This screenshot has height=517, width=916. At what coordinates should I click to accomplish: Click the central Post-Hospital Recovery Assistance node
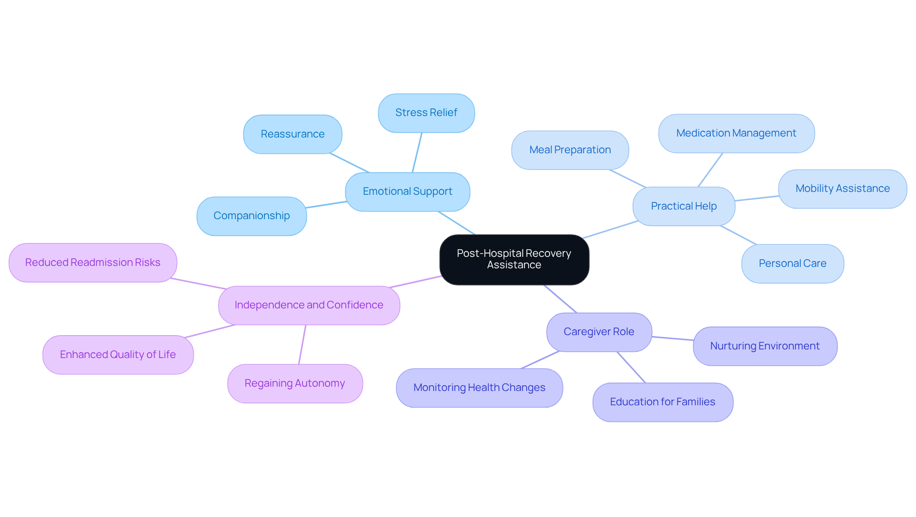pos(514,259)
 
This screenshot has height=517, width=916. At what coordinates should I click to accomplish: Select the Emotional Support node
pos(407,191)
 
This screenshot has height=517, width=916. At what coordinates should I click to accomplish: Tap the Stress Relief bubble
pos(426,113)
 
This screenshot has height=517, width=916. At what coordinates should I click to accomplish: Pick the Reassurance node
pos(292,134)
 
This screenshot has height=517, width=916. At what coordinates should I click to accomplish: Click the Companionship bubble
pos(251,216)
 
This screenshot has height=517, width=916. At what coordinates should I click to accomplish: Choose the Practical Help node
pos(684,206)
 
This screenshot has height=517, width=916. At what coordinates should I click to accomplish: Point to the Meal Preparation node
pos(570,150)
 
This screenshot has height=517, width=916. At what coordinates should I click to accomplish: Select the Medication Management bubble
pos(736,133)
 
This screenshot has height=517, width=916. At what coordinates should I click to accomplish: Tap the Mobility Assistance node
pos(843,189)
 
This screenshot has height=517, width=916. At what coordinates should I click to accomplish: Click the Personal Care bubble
pos(792,264)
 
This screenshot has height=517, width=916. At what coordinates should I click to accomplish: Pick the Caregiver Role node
pos(599,332)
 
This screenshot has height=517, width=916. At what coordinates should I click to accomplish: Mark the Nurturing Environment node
pos(765,346)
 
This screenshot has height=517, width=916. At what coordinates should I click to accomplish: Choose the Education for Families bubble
pos(662,402)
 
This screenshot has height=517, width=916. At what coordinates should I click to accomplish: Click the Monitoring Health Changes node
pos(479,388)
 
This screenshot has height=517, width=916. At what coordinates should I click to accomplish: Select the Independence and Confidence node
pos(309,305)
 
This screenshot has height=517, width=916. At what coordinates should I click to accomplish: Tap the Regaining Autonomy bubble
pos(295,383)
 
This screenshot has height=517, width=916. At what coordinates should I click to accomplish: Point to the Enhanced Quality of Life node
pos(118,355)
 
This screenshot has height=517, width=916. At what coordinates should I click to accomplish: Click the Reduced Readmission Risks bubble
pos(93,263)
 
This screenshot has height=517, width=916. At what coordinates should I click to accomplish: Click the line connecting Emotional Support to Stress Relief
pos(417,153)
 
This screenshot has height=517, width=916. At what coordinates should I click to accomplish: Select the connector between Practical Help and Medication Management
pos(710,170)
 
